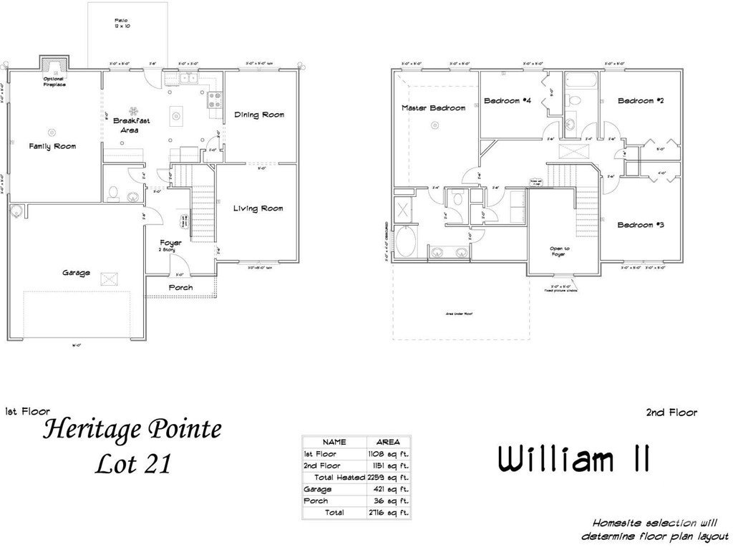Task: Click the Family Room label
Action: (52, 146)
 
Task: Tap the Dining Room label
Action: (259, 115)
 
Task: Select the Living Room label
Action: (258, 208)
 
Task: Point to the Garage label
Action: (76, 273)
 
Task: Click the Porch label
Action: (180, 288)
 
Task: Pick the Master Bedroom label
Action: (433, 108)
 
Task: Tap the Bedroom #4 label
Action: (507, 101)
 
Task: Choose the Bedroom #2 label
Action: (641, 101)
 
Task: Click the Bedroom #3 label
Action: (641, 225)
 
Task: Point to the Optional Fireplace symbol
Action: (52, 64)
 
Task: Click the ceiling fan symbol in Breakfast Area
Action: (133, 111)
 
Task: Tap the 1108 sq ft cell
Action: (388, 454)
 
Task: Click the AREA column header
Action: (388, 442)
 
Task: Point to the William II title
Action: (574, 460)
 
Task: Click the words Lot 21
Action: (134, 464)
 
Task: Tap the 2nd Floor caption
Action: (671, 412)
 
